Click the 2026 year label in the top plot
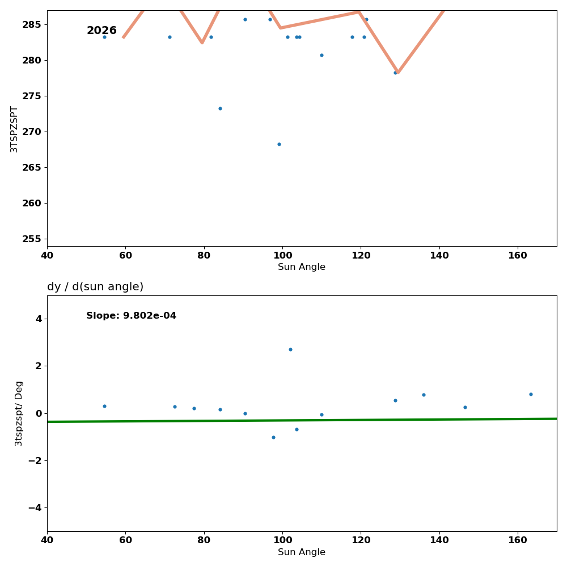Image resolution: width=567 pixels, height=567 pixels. pyautogui.click(x=101, y=31)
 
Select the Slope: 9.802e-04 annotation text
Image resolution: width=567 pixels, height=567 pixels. pyautogui.click(x=131, y=316)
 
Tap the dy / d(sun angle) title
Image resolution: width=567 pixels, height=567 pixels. pyautogui.click(x=95, y=287)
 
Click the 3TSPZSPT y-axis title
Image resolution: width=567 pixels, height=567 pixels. pyautogui.click(x=14, y=129)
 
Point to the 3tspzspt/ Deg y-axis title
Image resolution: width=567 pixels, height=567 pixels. pyautogui.click(x=19, y=413)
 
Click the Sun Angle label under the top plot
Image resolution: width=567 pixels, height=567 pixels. pyautogui.click(x=302, y=267)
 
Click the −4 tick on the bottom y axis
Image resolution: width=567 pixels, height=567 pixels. pyautogui.click(x=35, y=508)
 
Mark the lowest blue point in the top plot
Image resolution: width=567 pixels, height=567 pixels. pyautogui.click(x=279, y=144)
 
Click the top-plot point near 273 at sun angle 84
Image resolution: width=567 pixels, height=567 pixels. pyautogui.click(x=220, y=108)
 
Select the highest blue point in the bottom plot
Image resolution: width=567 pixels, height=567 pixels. pyautogui.click(x=290, y=349)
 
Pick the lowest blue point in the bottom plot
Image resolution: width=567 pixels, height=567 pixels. pyautogui.click(x=273, y=437)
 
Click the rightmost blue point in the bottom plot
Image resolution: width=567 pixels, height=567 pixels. pyautogui.click(x=531, y=394)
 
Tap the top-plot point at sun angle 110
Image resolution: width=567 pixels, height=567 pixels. pyautogui.click(x=321, y=55)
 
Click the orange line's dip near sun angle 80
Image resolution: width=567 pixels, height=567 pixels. pyautogui.click(x=202, y=43)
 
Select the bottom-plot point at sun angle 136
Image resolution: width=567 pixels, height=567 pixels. pyautogui.click(x=424, y=395)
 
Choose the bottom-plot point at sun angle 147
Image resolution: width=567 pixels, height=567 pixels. pyautogui.click(x=465, y=407)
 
